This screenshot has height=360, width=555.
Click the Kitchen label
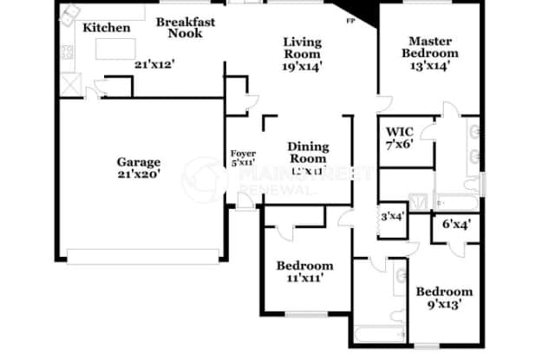click(107, 28)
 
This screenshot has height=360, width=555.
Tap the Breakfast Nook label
click(186, 28)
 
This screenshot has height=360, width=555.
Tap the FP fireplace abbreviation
click(349, 20)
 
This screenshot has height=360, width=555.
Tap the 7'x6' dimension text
click(400, 144)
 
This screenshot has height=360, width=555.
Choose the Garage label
click(140, 161)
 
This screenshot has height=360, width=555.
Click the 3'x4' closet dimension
click(393, 217)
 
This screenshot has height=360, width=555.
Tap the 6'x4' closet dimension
click(456, 223)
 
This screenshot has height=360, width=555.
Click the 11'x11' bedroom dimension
click(304, 279)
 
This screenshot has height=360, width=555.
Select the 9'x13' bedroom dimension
click(443, 304)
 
